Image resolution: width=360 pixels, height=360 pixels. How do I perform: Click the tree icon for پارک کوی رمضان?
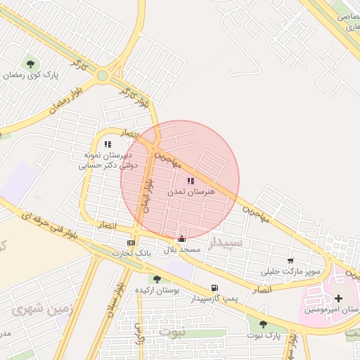tap(30, 64)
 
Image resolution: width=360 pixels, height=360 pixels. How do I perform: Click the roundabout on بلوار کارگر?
tap(103, 75)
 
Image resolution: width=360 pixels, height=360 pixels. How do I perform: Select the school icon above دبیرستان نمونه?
tap(108, 144)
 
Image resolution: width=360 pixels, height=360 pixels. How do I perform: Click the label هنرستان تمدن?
tap(191, 191)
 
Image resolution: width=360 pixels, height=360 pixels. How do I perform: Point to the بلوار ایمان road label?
tap(148, 191)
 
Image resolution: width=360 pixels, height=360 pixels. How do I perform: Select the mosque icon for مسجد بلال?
tap(182, 238)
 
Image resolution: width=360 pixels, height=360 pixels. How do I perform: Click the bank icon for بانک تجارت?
tap(131, 243)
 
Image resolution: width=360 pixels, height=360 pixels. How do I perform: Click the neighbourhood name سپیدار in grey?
tap(225, 243)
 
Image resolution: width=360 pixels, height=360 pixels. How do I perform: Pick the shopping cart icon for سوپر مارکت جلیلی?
tap(290, 260)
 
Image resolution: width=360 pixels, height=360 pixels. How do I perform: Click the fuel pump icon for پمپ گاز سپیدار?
tap(214, 288)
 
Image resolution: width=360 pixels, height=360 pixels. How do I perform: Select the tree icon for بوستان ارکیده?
tap(157, 279)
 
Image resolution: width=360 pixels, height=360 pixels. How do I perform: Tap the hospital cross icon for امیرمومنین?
tap(339, 298)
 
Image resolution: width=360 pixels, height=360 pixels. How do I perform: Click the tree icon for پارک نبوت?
tap(263, 323)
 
